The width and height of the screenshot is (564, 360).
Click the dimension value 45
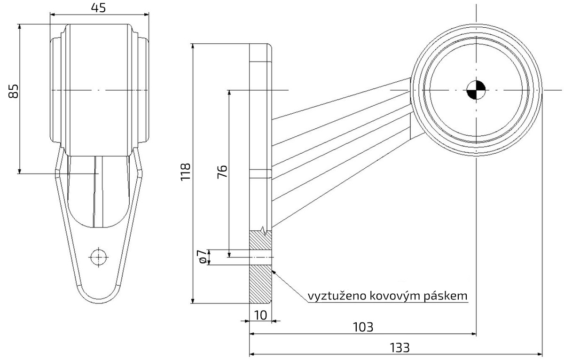[98, 8]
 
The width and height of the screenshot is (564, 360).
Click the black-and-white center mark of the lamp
[476, 89]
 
